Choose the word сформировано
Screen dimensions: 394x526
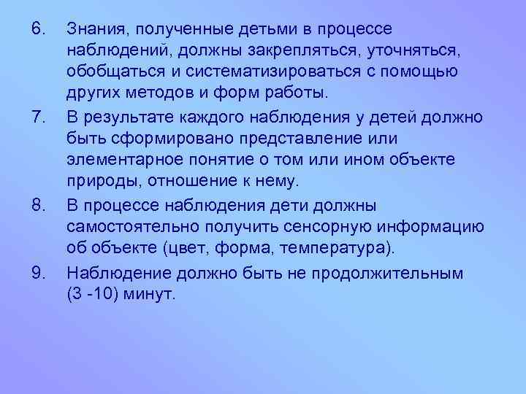click(155, 137)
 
